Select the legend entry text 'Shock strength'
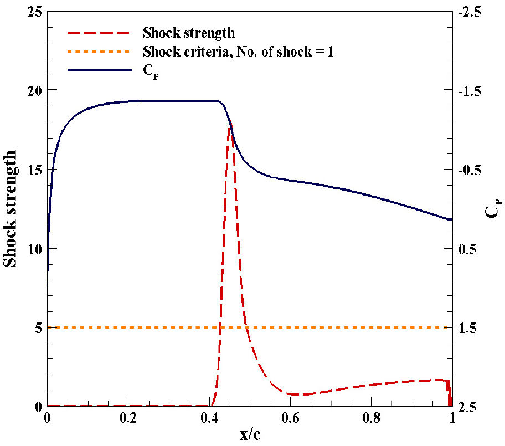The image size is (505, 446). [188, 33]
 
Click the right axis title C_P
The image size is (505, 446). [492, 209]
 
